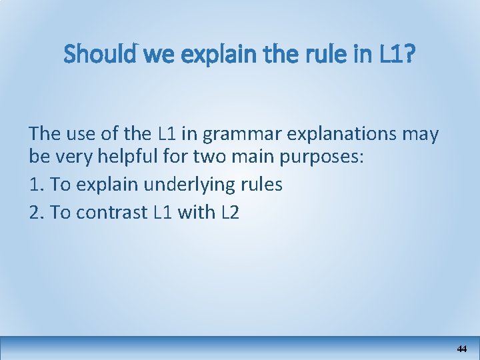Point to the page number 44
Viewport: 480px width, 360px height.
point(462,349)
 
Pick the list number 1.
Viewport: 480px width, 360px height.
point(35,185)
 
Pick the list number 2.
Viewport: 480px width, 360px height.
point(35,212)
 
